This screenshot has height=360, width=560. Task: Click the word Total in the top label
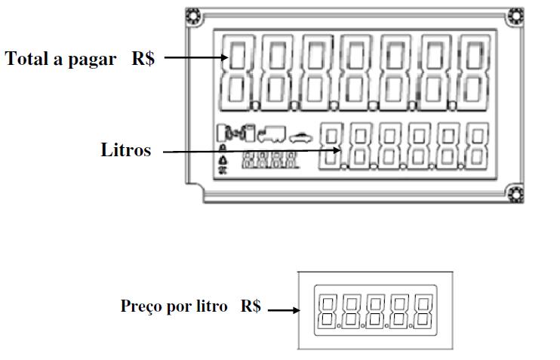[26, 59]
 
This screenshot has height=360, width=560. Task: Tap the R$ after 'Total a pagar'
[143, 59]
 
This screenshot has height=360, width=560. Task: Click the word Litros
[126, 149]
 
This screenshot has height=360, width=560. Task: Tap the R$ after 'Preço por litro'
[251, 306]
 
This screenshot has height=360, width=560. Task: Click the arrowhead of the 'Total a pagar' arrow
[224, 57]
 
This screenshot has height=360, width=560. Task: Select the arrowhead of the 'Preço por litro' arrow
[296, 310]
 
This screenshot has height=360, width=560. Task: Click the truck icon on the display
[272, 134]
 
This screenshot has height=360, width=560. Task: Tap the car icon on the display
[300, 137]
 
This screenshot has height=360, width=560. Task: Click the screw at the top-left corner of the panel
[194, 17]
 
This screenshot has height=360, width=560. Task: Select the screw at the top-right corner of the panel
[515, 17]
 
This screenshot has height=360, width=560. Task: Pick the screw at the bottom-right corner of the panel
[515, 194]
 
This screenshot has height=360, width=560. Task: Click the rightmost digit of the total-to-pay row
[475, 72]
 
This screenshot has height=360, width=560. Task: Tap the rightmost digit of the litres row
[478, 146]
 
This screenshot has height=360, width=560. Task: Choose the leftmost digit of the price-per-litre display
[327, 310]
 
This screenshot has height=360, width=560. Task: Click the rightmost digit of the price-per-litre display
[423, 310]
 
